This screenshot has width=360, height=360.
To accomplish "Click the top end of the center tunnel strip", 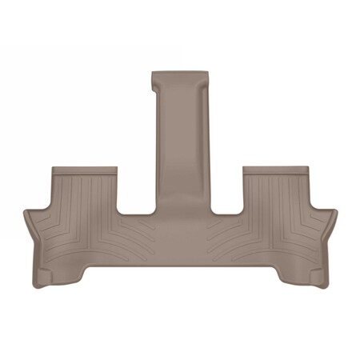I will pyautogui.click(x=182, y=74).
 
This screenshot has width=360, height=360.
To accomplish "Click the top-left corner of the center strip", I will pyautogui.click(x=154, y=73).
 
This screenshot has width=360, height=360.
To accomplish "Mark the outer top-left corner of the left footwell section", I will pyautogui.click(x=53, y=167).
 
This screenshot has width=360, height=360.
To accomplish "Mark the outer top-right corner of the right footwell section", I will pyautogui.click(x=307, y=167).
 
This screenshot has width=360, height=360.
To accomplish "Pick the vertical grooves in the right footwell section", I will pyautogui.click(x=276, y=196).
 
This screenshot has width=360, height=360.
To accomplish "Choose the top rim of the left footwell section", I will pyautogui.click(x=85, y=170).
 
